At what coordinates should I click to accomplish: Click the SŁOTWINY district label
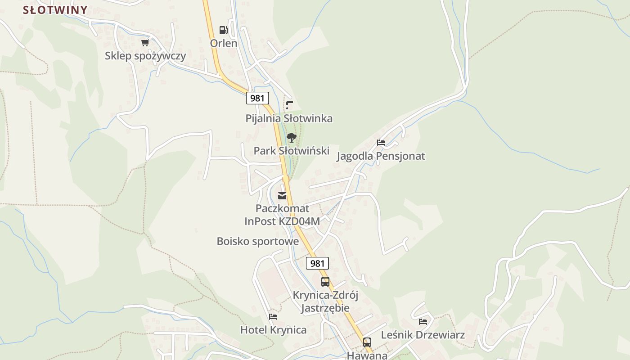(x=55, y=10)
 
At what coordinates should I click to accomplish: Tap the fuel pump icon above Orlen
(x=223, y=30)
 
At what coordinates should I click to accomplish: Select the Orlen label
(x=224, y=43)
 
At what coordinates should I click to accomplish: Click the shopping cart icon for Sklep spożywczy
(x=145, y=43)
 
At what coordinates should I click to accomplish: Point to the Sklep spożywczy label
(x=145, y=56)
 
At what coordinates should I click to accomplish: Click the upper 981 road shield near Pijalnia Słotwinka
(x=257, y=98)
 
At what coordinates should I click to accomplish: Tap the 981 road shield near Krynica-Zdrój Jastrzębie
(x=317, y=263)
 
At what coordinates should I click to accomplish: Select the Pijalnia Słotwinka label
(x=289, y=118)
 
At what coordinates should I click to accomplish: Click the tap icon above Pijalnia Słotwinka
(x=289, y=105)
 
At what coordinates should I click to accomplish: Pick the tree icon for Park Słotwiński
(x=292, y=138)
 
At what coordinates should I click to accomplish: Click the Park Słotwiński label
(x=292, y=151)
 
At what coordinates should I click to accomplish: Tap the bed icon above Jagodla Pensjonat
(x=381, y=143)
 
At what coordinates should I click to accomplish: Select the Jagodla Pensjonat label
(x=381, y=156)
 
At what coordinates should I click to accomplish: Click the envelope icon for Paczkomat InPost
(x=282, y=196)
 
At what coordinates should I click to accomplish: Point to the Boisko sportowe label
(x=258, y=241)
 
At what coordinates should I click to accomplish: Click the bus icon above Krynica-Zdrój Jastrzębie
(x=325, y=282)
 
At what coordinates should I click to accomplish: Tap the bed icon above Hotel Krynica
(x=273, y=317)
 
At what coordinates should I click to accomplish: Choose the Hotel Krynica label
(x=274, y=330)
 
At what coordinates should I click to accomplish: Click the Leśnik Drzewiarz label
(x=423, y=335)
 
